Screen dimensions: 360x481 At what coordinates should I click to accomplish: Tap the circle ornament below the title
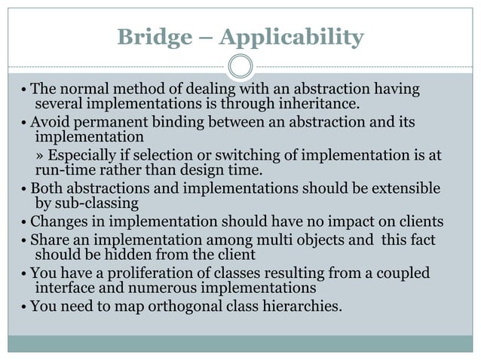click(240, 66)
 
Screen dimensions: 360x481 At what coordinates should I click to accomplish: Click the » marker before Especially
click(42, 156)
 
